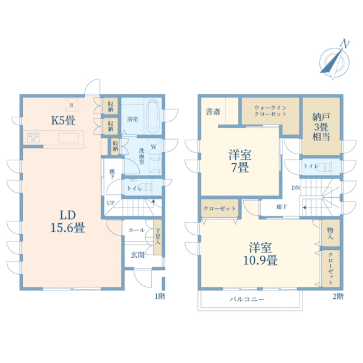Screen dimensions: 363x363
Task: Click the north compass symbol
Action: [334, 61]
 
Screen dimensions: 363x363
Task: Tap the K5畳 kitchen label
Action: [63, 120]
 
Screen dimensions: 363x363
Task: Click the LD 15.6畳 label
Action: [68, 221]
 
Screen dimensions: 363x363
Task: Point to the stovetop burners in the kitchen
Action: [33, 137]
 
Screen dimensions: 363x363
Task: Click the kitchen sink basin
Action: [68, 138]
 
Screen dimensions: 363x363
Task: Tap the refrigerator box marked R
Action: [71, 105]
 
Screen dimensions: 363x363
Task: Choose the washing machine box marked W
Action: [154, 146]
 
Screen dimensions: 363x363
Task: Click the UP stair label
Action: [111, 203]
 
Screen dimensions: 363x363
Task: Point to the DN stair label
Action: [296, 188]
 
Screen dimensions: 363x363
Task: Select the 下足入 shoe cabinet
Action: [157, 237]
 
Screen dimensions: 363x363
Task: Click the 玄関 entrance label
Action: [137, 255]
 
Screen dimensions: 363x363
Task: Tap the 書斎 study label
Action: [213, 112]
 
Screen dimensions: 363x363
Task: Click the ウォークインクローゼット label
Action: [270, 111]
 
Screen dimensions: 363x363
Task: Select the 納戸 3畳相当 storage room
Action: [321, 126]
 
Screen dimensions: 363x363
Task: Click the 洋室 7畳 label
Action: [240, 161]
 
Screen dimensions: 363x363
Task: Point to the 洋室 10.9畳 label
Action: [260, 253]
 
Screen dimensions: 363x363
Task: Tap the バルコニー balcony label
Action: [247, 299]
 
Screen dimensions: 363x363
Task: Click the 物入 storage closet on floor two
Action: [330, 233]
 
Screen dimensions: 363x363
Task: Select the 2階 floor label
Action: [338, 296]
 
